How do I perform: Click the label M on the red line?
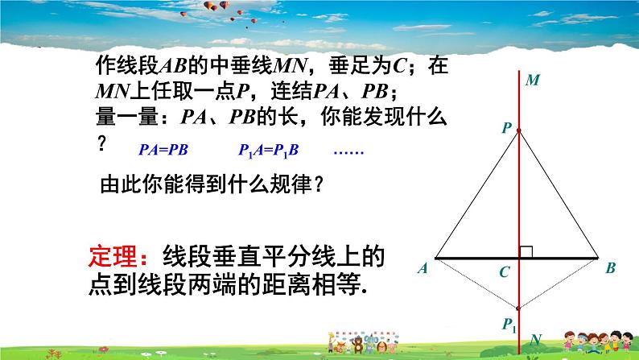(533, 81)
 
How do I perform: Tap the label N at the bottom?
(534, 341)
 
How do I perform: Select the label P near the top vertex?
(507, 127)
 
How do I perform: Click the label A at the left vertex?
(422, 270)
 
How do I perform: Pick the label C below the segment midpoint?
(504, 273)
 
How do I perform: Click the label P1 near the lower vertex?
(508, 324)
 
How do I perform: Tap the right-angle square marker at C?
(526, 252)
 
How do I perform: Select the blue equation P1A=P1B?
(270, 150)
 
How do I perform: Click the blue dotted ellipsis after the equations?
(348, 150)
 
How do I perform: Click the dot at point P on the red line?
(518, 130)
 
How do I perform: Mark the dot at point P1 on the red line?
(518, 307)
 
